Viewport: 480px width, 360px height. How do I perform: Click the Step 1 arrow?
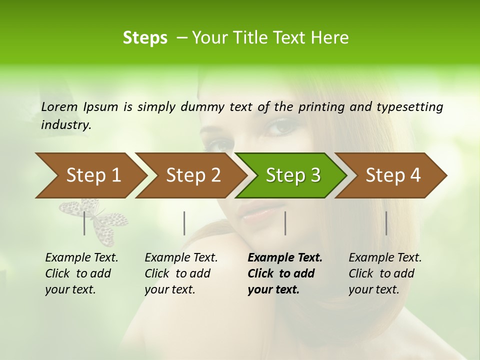[90, 175]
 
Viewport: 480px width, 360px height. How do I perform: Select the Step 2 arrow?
[190, 175]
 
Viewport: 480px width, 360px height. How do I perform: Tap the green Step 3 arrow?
[291, 175]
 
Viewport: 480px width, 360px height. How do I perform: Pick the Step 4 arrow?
[391, 175]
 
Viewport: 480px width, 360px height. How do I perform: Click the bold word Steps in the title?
[145, 38]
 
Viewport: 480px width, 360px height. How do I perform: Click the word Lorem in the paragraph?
[59, 106]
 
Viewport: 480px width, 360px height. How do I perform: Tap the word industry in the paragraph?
[65, 124]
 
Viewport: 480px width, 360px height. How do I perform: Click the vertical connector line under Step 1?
[84, 223]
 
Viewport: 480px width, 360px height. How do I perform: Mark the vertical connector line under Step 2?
[184, 223]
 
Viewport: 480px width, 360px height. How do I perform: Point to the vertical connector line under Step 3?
[285, 223]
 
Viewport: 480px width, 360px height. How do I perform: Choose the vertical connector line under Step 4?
[386, 223]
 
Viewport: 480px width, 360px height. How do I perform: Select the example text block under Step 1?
[81, 273]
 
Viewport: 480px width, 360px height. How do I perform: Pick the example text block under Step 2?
[180, 273]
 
